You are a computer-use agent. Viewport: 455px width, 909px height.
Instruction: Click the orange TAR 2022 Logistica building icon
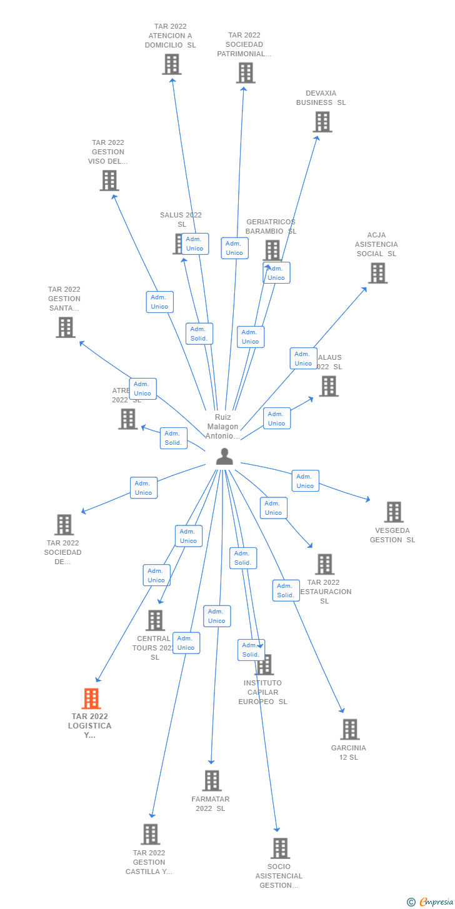(91, 698)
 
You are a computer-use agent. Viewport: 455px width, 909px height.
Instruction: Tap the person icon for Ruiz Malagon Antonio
(224, 457)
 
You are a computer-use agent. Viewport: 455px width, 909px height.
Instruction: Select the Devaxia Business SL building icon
(322, 122)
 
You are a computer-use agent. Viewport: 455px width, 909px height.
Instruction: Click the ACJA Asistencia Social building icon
(377, 273)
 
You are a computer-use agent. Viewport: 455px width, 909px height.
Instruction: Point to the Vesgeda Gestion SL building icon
(394, 512)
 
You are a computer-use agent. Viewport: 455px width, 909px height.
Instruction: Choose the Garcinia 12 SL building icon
(350, 729)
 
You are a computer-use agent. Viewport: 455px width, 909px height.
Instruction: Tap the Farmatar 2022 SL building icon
(212, 780)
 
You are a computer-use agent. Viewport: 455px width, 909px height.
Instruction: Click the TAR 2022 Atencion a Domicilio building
(172, 64)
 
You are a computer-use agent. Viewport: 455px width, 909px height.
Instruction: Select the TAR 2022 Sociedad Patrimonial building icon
(246, 72)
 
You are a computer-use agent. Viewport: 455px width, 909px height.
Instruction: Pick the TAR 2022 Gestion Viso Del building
(109, 181)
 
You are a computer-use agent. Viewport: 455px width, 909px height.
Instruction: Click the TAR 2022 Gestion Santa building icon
(66, 327)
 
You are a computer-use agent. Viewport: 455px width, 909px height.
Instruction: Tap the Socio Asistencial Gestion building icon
(280, 848)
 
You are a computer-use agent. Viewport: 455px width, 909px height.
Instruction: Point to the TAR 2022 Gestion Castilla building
(151, 834)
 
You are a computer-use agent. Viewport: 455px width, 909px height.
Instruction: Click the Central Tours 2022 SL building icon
(155, 620)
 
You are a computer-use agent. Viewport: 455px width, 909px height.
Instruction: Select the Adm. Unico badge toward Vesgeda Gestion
(305, 481)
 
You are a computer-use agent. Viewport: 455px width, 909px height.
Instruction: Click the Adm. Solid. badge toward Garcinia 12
(286, 590)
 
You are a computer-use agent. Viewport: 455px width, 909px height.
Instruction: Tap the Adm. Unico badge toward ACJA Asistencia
(303, 359)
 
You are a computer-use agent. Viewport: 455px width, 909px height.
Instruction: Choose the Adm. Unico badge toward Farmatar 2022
(217, 616)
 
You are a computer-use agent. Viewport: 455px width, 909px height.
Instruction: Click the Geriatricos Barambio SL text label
(271, 226)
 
